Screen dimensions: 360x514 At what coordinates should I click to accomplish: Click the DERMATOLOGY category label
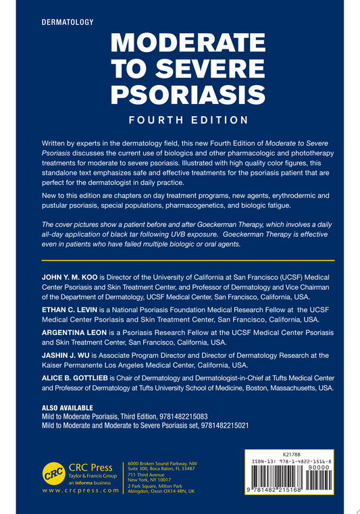(x=68, y=22)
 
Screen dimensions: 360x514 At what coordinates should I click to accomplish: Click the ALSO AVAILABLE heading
(x=68, y=409)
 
